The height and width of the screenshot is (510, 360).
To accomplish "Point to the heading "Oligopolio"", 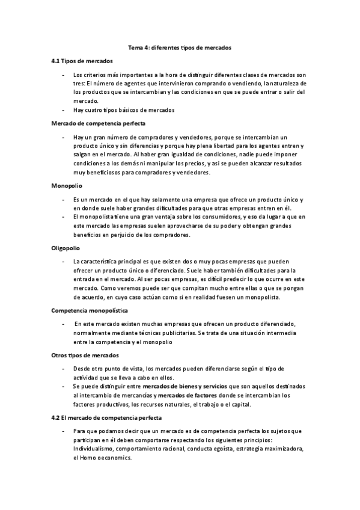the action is point(66,247).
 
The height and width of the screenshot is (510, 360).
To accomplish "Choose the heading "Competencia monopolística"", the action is point(90,310).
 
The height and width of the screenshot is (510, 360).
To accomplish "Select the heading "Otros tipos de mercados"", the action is point(85,355).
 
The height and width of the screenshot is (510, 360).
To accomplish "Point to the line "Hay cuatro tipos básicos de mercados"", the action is point(124,110).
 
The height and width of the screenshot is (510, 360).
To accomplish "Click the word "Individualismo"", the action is point(94,449).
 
